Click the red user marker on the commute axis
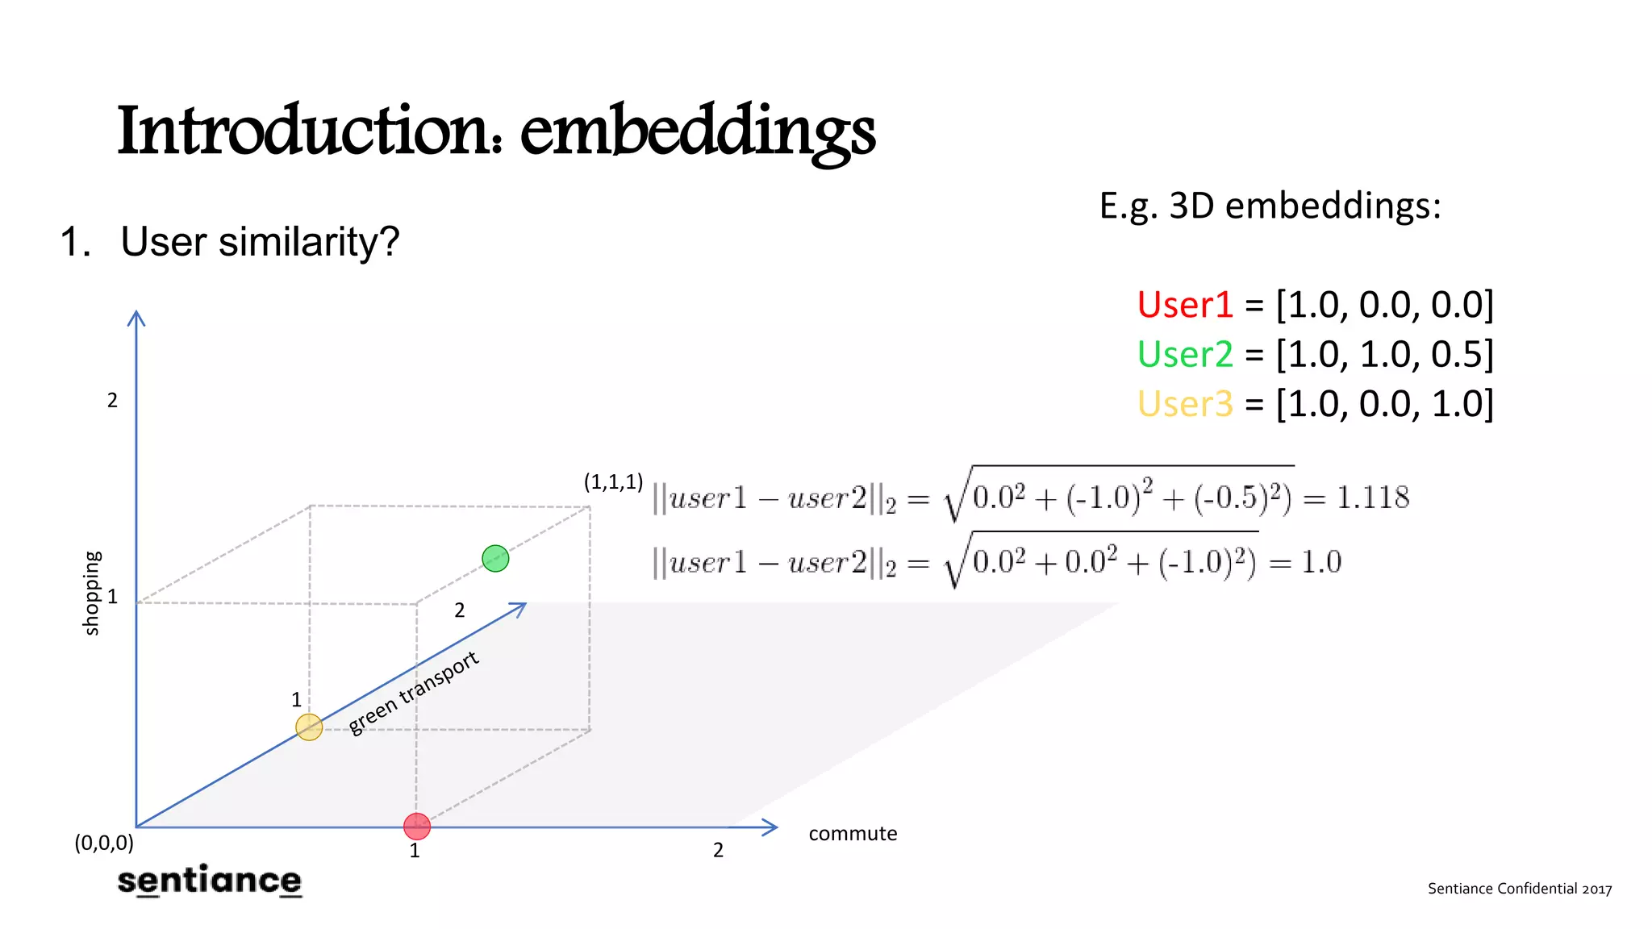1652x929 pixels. tap(417, 826)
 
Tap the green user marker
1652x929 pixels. tap(495, 558)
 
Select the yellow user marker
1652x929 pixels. tap(309, 727)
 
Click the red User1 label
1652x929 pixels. tap(1185, 305)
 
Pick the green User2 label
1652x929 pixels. tap(1185, 354)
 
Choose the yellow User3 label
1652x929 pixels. tap(1185, 403)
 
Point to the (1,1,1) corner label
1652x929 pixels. tap(613, 482)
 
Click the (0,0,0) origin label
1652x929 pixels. tap(104, 843)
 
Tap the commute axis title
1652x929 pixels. tap(853, 833)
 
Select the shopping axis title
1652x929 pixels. tap(92, 593)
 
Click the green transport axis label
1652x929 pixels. tap(414, 693)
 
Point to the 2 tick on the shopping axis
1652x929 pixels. tap(112, 401)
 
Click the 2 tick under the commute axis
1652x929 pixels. tap(718, 850)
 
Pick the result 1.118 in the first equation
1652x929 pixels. tap(1373, 498)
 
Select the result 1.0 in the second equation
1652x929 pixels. tap(1321, 562)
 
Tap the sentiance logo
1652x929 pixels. tap(210, 880)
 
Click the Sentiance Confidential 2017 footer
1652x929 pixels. tap(1520, 889)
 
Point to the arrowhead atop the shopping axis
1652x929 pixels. tap(136, 318)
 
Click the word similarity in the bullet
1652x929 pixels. tap(297, 242)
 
